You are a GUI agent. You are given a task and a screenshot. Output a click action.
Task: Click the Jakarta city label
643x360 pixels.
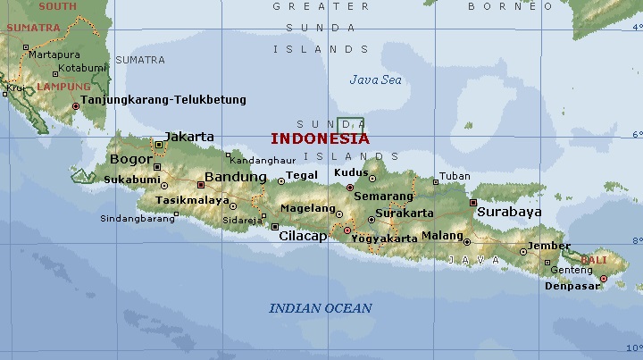189,137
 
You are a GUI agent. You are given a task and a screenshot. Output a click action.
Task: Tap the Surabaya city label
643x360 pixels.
509,213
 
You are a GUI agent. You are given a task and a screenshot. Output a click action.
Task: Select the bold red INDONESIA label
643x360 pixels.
319,138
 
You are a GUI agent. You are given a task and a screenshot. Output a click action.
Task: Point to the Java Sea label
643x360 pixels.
375,80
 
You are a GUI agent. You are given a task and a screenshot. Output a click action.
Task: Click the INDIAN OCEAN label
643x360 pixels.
321,308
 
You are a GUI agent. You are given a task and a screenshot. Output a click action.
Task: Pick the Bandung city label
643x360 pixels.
236,177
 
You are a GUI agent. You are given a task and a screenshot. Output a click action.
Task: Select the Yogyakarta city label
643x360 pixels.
384,239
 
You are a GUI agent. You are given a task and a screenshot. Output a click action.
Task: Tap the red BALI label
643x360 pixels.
593,259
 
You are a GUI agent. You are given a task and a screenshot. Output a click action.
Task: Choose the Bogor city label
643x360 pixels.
131,160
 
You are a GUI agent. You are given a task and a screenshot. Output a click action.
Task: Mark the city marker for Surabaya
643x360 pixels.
473,202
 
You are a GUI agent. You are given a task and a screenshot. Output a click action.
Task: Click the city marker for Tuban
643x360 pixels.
435,177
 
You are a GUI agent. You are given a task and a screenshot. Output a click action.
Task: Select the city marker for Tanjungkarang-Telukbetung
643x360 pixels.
76,105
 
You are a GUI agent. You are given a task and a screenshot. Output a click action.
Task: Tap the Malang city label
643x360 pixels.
442,235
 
